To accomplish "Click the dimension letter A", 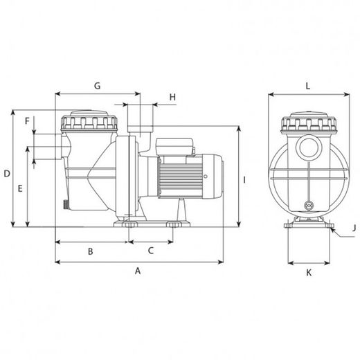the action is tap(138, 271).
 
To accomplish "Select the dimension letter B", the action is tap(91, 251).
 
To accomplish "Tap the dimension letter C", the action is tap(151, 251).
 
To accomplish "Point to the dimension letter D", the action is tap(7, 174).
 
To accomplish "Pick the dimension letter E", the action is tap(20, 188).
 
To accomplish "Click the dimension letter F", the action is tap(27, 120).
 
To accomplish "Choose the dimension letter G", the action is tap(98, 86).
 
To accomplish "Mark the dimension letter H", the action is tap(172, 97).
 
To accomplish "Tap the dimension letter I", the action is tap(244, 180).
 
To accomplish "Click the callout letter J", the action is tap(354, 228).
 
